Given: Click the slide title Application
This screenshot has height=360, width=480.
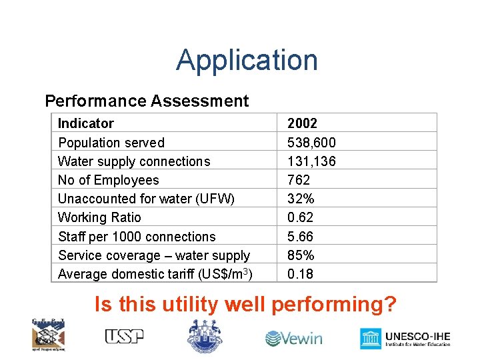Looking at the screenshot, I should point(247,60).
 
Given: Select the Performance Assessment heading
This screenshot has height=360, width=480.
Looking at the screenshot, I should point(147,101).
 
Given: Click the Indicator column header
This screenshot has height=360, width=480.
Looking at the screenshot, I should point(86,123).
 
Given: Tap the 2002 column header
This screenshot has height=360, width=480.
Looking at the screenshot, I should point(302,123).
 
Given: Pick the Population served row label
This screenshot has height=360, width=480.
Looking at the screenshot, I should point(111,143).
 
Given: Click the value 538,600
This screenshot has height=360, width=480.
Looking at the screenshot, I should point(311,143).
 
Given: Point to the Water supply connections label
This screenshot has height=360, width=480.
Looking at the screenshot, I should point(134,161).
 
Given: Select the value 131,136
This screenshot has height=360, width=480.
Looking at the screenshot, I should point(311,161).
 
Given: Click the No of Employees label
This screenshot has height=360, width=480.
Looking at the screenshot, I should point(109,180).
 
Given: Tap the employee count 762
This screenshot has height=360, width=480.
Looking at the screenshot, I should point(299,180).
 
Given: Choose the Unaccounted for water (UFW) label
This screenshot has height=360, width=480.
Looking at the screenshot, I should point(146,199).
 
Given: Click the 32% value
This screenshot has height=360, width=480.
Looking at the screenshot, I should point(301,199).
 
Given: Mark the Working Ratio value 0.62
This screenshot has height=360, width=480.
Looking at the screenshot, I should point(301,217).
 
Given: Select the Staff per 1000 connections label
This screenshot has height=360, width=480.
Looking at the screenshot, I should point(137,237).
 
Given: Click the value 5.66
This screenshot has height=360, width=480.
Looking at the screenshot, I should point(301,237).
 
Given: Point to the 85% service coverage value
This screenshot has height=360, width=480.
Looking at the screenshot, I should point(301,255).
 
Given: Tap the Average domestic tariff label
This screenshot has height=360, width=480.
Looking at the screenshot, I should point(157,274).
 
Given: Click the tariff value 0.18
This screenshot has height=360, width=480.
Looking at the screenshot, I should point(301,274).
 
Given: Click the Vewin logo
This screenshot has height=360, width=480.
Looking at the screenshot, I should point(293,339).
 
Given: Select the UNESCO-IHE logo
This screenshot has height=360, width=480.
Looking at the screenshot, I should point(405,339).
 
